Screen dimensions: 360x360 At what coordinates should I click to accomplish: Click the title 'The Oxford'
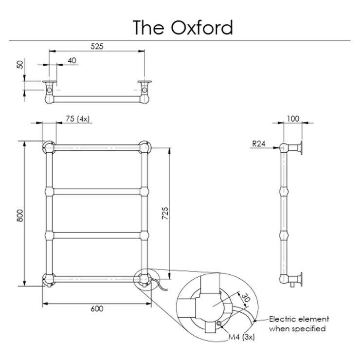(183, 28)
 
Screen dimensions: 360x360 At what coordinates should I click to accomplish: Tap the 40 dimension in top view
(72, 60)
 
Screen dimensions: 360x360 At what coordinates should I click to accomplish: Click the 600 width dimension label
(96, 308)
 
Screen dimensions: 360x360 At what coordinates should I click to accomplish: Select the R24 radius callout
(259, 144)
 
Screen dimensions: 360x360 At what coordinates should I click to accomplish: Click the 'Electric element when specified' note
(299, 324)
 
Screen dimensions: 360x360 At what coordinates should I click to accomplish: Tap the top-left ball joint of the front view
(49, 146)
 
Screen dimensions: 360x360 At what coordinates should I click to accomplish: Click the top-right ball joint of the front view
(144, 146)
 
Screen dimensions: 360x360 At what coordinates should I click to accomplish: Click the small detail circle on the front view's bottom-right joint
(144, 279)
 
